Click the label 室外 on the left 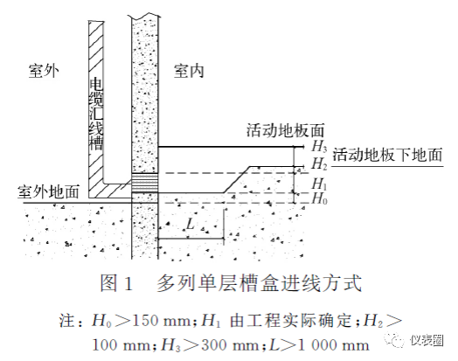[44, 71]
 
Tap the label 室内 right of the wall [189, 71]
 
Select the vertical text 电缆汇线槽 [96, 115]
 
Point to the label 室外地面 [48, 191]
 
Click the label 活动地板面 [285, 130]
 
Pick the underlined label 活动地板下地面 [387, 155]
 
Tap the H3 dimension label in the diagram [319, 146]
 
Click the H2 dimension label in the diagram [319, 163]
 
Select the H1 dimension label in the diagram [319, 184]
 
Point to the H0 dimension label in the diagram [319, 198]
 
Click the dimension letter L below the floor [191, 225]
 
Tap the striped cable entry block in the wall [145, 183]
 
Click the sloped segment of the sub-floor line [237, 179]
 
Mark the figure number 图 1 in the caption [116, 283]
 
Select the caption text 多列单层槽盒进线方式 [259, 283]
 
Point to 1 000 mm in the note [332, 345]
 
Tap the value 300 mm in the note [230, 345]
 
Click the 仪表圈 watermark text [427, 341]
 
